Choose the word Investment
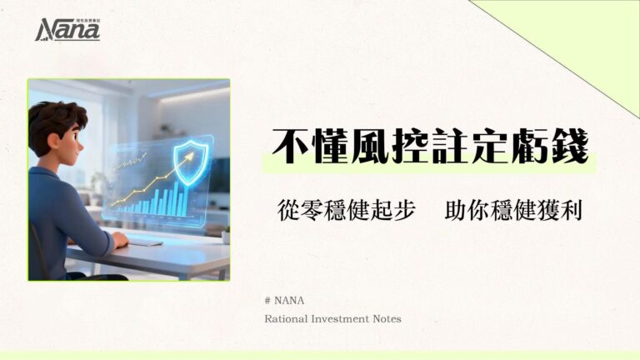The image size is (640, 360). (345, 318)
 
